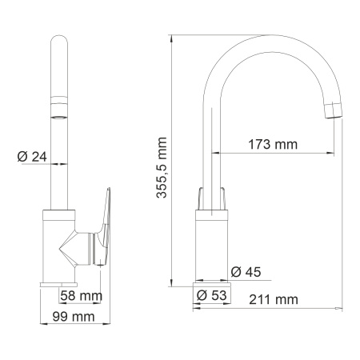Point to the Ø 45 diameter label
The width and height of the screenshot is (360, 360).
pyautogui.click(x=246, y=273)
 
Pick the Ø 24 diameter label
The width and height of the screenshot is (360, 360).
pyautogui.click(x=32, y=157)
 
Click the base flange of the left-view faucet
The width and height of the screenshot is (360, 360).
pyautogui.click(x=58, y=285)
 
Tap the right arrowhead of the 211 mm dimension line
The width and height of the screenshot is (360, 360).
pyautogui.click(x=340, y=307)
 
